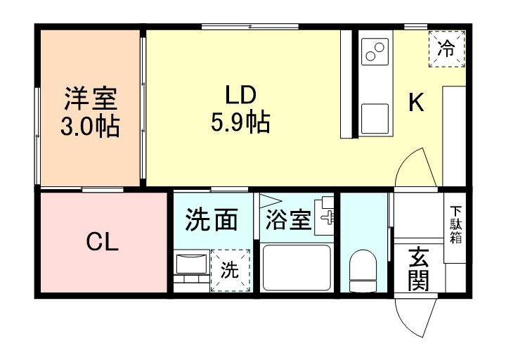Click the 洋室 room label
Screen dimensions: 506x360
pos(91,98)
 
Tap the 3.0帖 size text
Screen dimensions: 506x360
pos(90,126)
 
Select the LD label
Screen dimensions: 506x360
pos(240,95)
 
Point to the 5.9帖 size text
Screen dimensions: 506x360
pos(240,122)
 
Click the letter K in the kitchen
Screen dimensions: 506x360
pos(416,102)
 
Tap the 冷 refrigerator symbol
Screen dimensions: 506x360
pos(447,49)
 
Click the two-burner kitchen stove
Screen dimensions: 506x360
pos(375,51)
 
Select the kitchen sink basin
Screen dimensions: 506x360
pos(375,119)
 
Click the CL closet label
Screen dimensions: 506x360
pos(103,242)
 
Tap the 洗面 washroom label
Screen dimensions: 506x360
pos(212,219)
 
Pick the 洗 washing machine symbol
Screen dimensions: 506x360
pos(231,270)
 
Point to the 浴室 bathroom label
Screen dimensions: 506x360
pos(288,220)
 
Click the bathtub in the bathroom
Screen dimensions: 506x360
pos(297,268)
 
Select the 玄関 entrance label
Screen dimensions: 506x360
pos(419,269)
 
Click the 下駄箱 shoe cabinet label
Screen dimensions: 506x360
pos(456,224)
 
